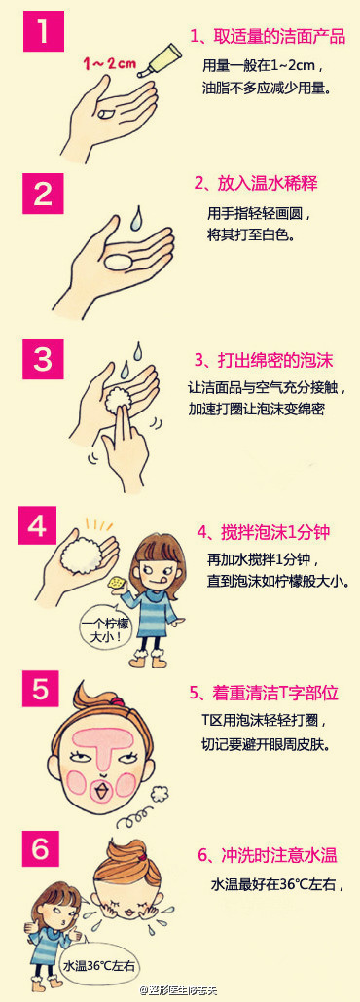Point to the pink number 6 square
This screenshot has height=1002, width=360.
(x=42, y=849)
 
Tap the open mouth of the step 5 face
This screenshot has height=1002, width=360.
(x=100, y=791)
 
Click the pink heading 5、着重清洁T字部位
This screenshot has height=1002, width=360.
(x=263, y=693)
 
